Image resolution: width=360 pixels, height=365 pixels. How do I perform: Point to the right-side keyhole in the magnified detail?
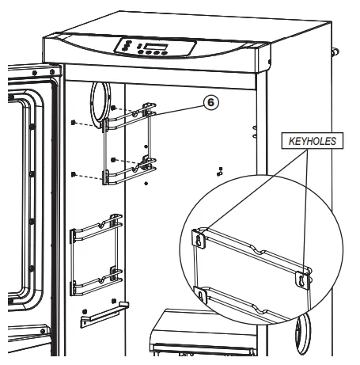(301, 279)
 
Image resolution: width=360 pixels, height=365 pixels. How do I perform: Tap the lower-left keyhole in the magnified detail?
(203, 295)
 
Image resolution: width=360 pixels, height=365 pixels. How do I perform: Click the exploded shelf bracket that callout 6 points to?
(127, 146)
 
